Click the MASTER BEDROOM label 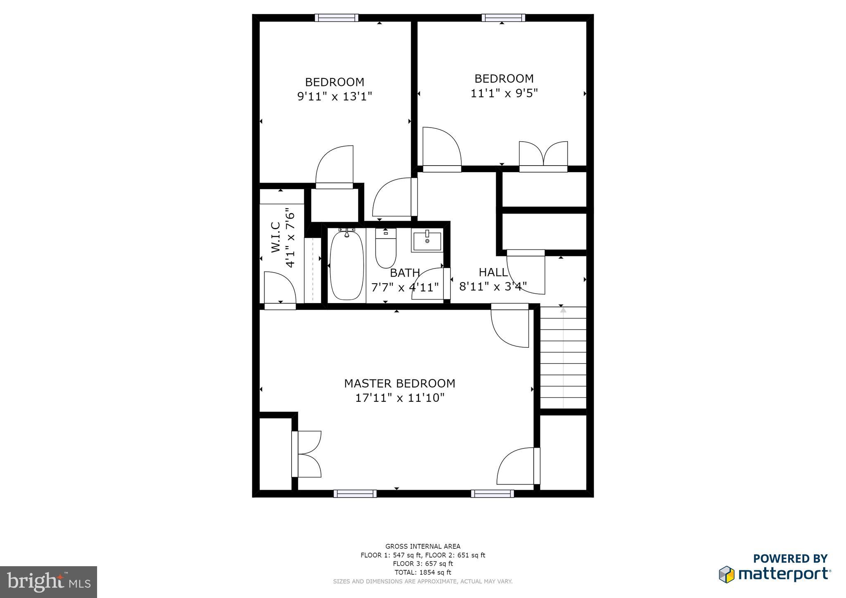pos(399,383)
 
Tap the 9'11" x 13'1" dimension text pos(335,97)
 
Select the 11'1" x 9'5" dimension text pos(504,93)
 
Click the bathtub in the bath pos(347,266)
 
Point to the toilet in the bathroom pos(385,249)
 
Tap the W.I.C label pos(276,237)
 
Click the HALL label pos(493,272)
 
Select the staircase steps pos(563,358)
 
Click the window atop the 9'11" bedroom pos(336,18)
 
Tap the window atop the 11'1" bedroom pos(503,18)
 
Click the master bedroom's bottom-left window pos(355,494)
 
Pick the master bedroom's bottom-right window pos(492,494)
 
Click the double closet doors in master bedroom pos(307,454)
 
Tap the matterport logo pos(775,570)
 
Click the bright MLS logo pos(48,582)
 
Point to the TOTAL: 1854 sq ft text pos(423,572)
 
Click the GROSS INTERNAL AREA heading pos(423,546)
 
